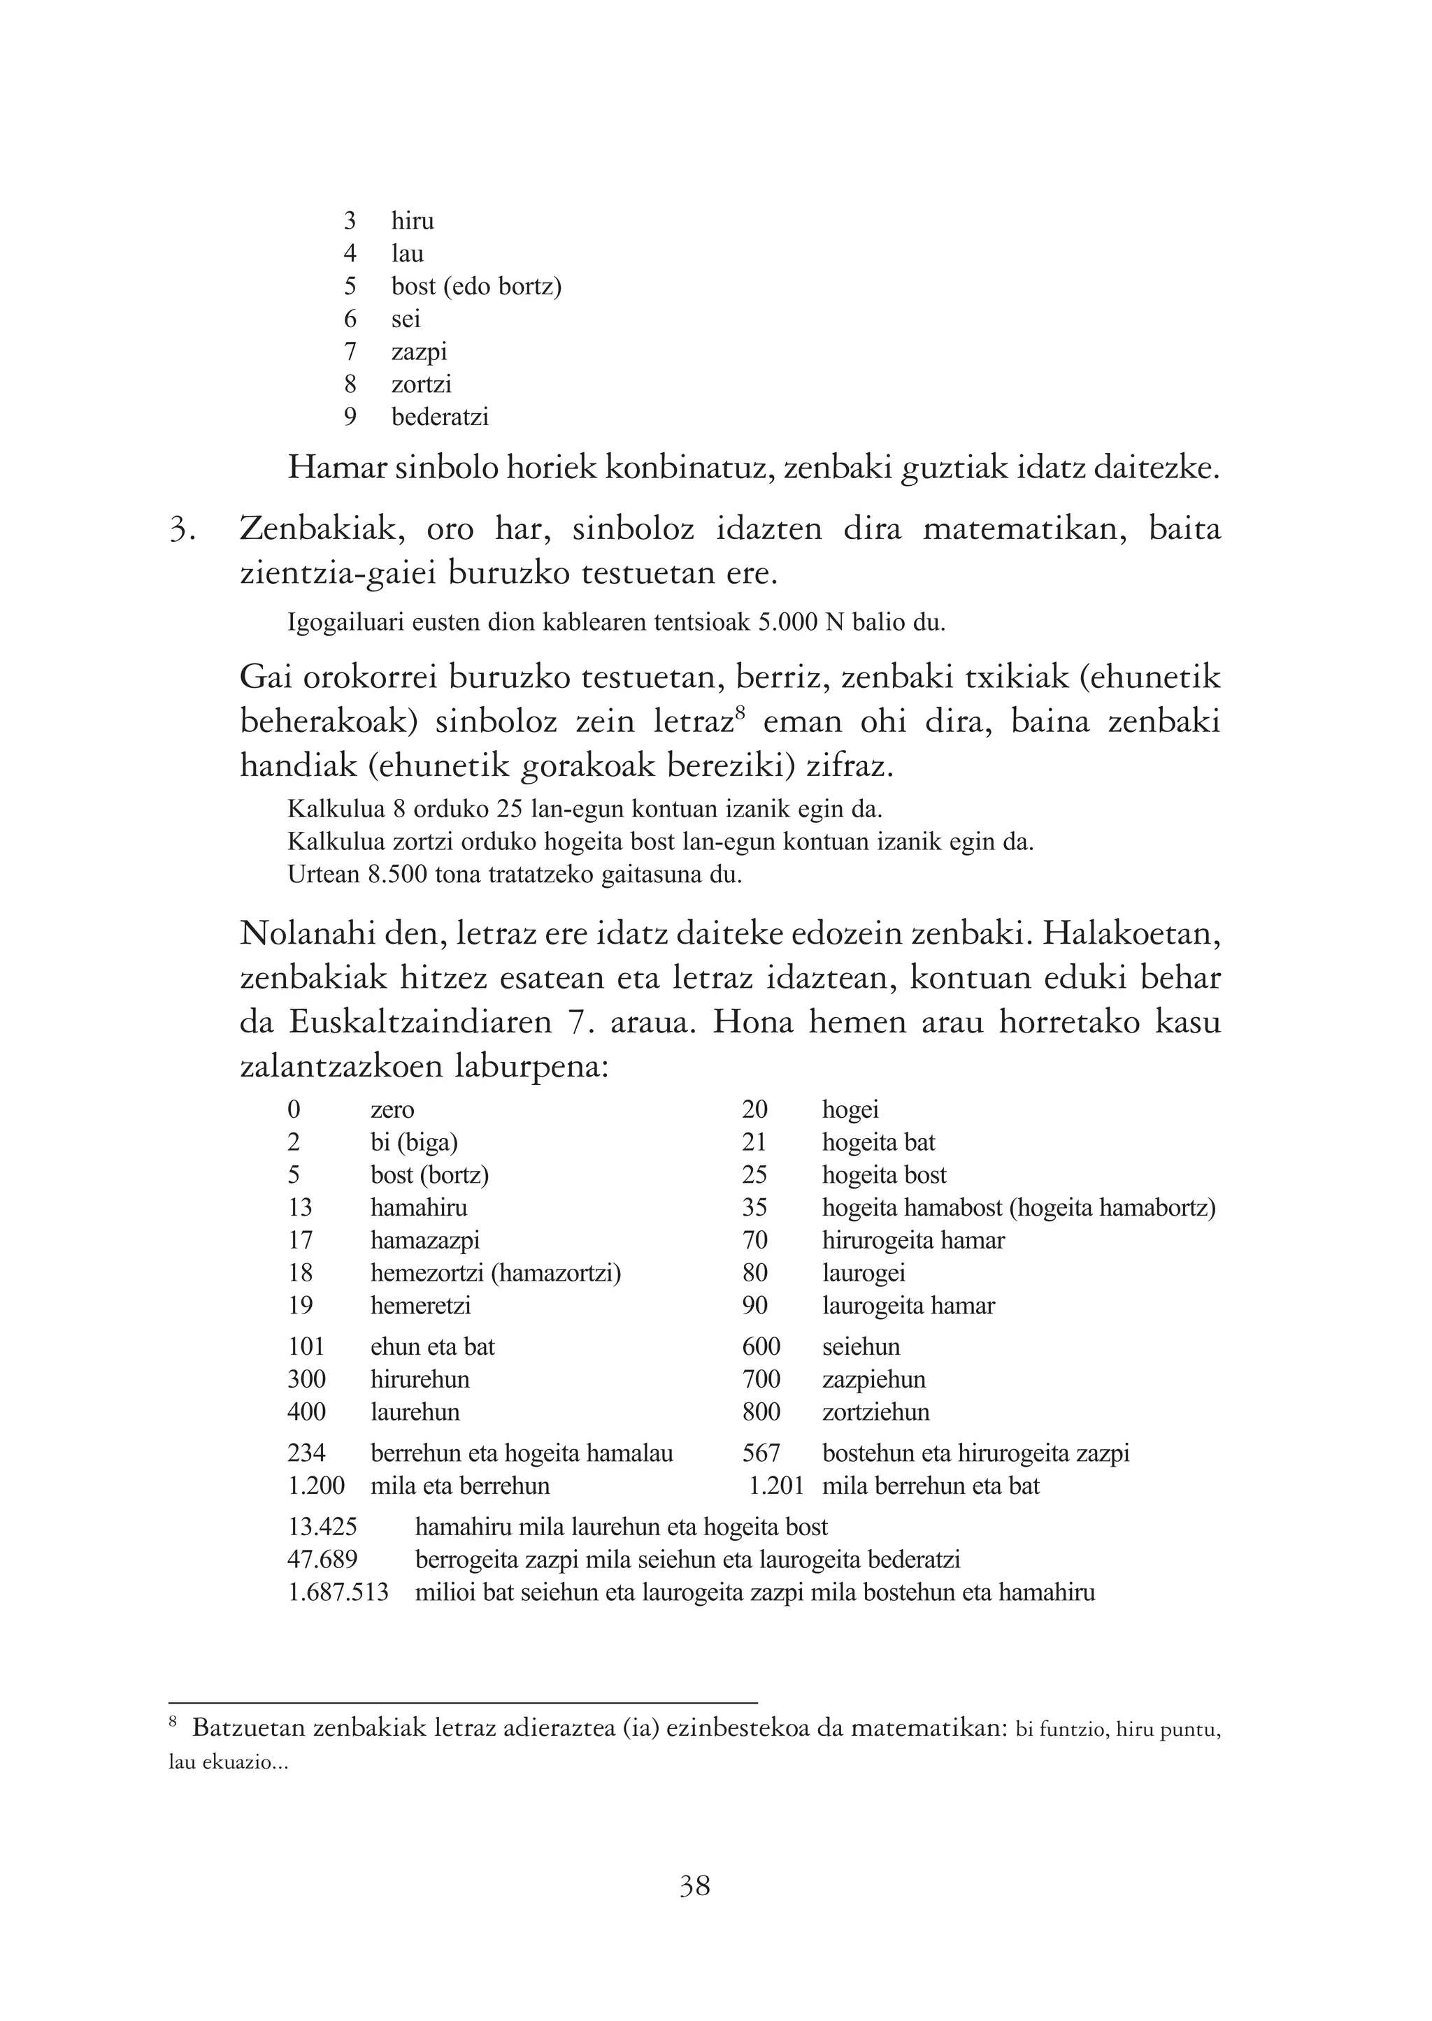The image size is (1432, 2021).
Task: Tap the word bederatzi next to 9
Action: click(x=439, y=417)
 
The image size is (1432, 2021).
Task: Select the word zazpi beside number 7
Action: click(x=419, y=352)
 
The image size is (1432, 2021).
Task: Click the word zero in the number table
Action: click(x=392, y=1109)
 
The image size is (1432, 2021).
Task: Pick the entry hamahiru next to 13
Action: click(x=418, y=1207)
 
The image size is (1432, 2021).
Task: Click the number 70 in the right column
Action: click(x=754, y=1240)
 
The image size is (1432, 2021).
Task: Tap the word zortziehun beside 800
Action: click(x=875, y=1412)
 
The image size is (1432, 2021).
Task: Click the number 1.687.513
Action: click(x=338, y=1592)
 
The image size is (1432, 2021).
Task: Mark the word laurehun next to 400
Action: click(x=415, y=1412)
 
